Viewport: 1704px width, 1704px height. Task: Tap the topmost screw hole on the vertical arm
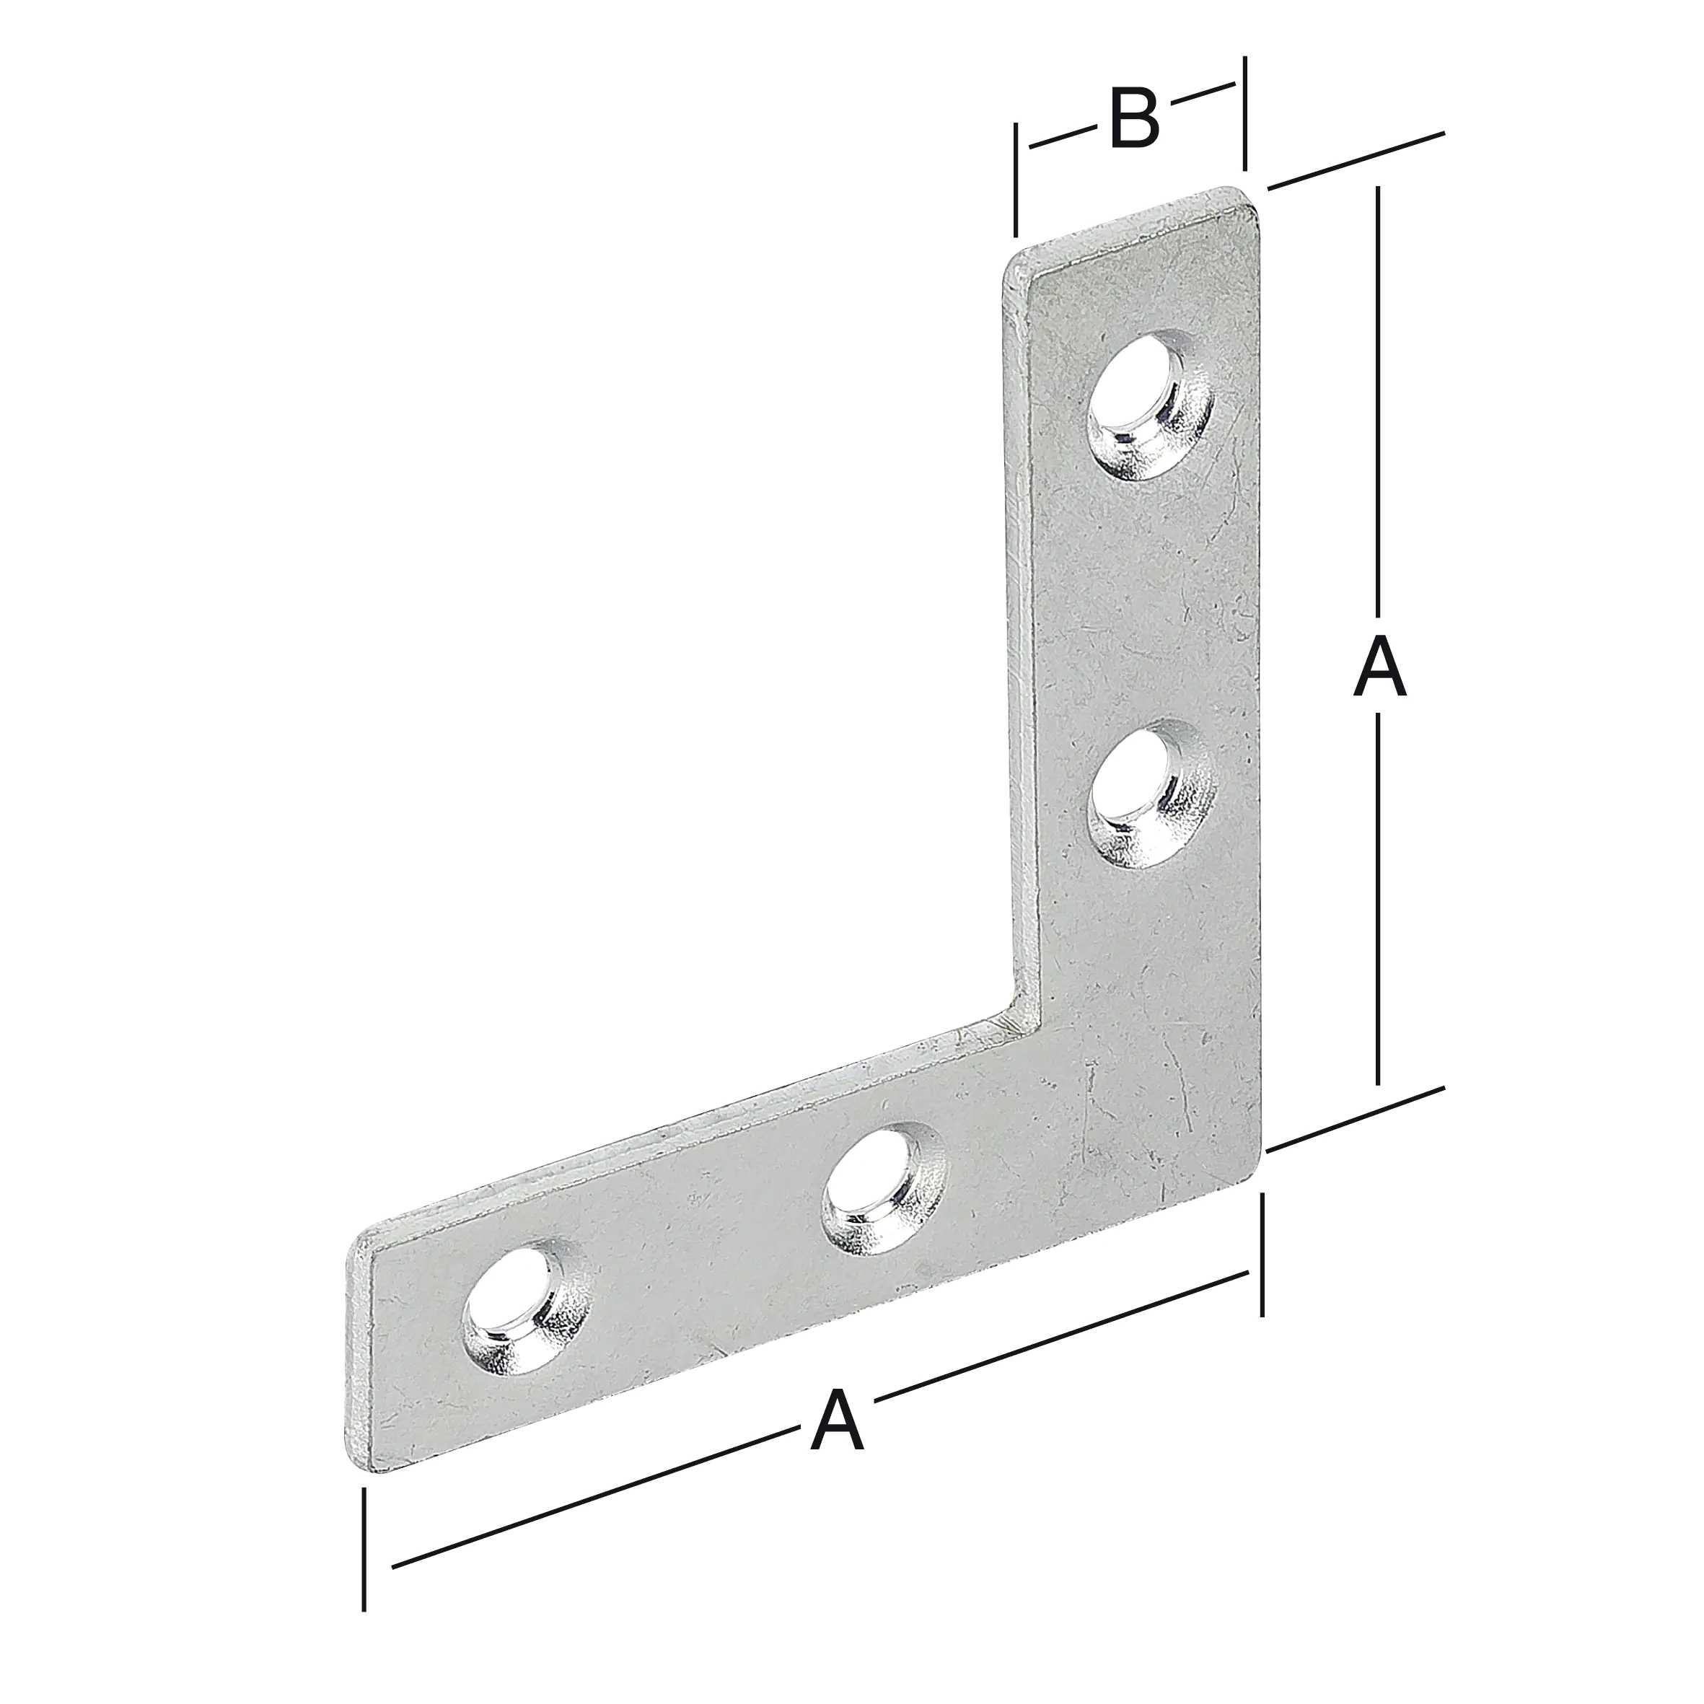point(1149,405)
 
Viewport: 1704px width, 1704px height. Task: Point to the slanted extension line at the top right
point(1356,161)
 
